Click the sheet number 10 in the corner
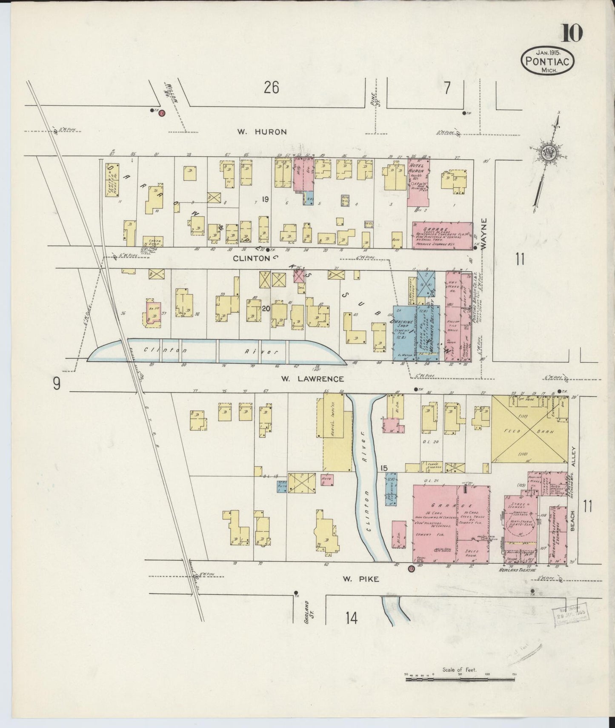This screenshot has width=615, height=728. [x=572, y=33]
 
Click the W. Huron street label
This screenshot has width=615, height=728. [x=262, y=132]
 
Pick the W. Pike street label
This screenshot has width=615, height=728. [x=360, y=579]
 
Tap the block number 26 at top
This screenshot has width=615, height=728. [x=271, y=88]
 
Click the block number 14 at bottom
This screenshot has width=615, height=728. [x=351, y=617]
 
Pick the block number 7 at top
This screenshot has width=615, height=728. [x=447, y=88]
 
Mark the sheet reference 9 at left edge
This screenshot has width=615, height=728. [x=57, y=384]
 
